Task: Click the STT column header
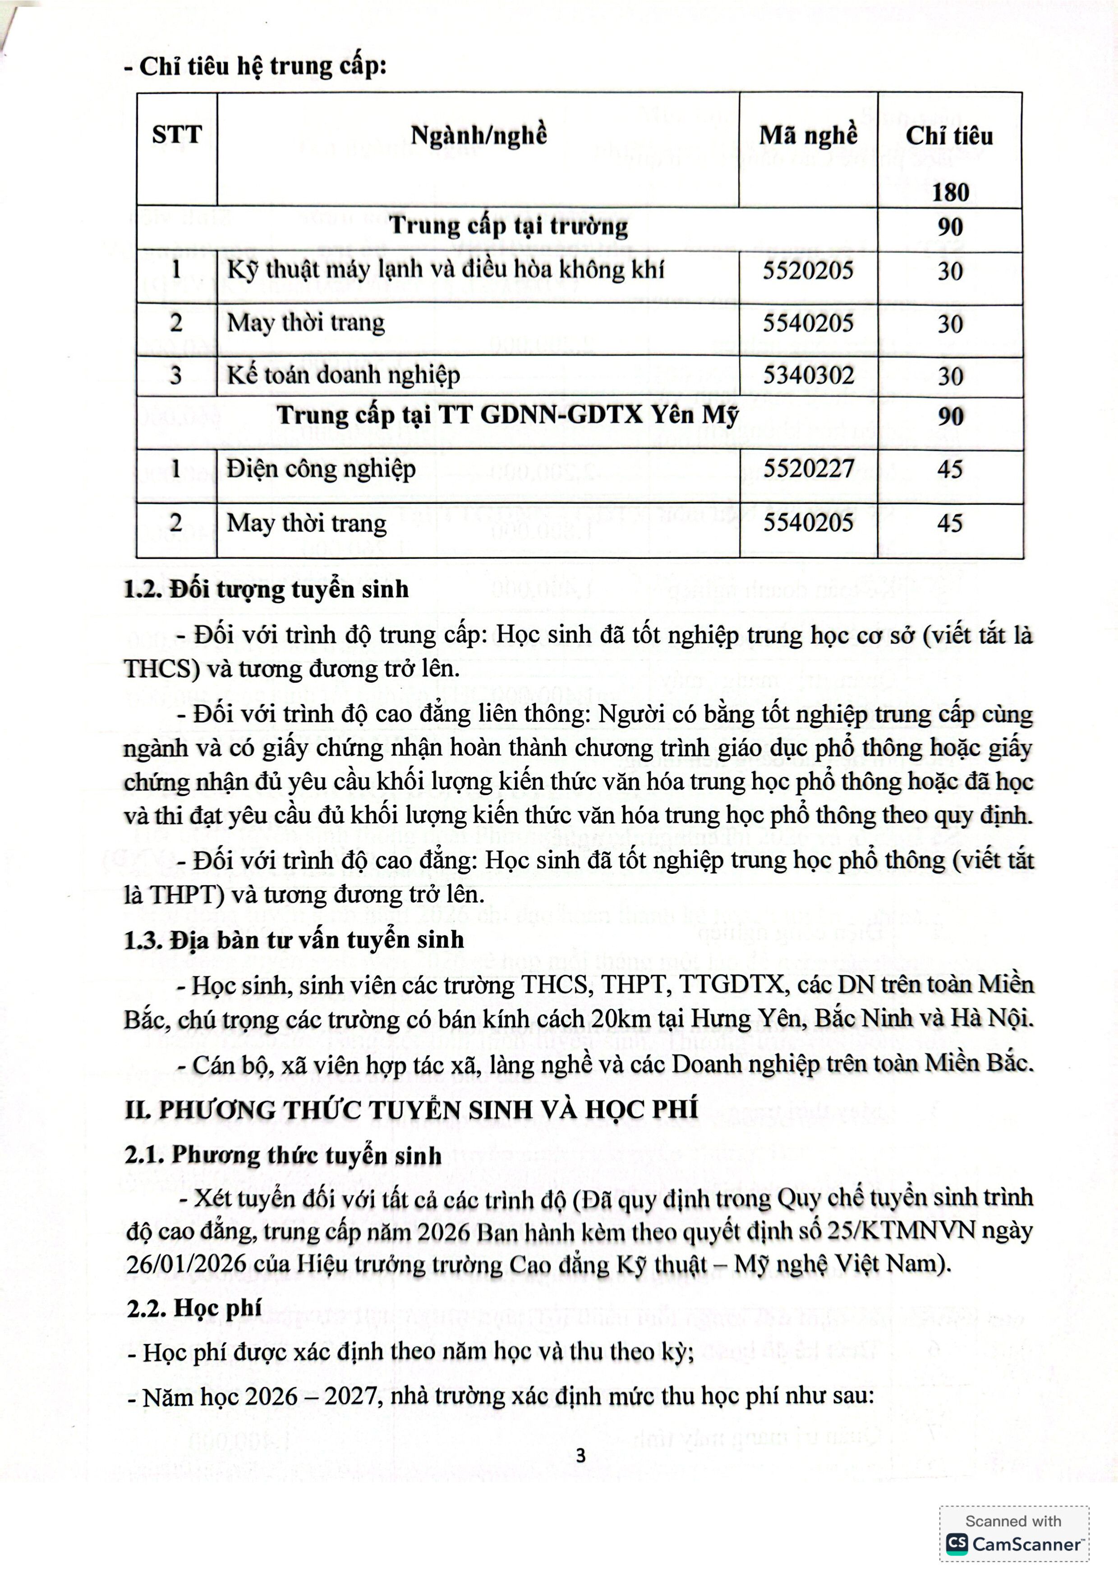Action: click(x=176, y=134)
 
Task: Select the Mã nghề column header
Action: click(x=808, y=135)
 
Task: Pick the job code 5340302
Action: click(x=808, y=375)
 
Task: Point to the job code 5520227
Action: click(x=808, y=469)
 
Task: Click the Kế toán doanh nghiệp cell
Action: click(x=343, y=375)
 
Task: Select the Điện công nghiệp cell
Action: click(x=321, y=469)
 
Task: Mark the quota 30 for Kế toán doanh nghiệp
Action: click(x=950, y=376)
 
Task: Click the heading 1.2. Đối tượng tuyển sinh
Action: click(x=266, y=589)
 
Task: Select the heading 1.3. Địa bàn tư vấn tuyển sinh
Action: click(x=294, y=940)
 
